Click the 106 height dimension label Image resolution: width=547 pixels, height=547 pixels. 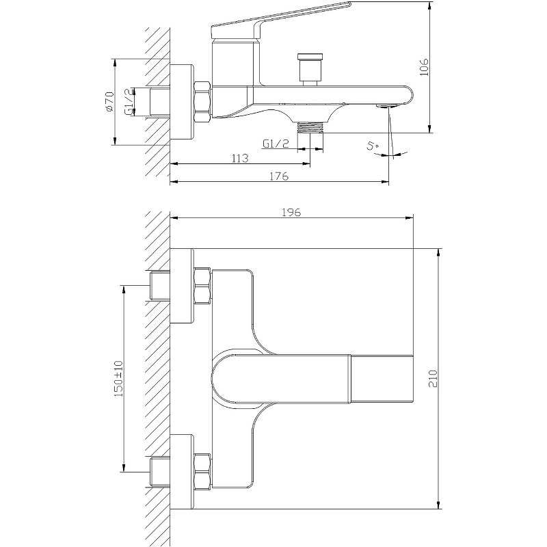[424, 67]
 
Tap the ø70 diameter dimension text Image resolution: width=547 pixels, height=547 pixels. [109, 102]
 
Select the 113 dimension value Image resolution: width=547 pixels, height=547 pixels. [241, 158]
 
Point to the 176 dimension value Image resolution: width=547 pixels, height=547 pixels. [280, 176]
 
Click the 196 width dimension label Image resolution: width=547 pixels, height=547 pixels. [291, 212]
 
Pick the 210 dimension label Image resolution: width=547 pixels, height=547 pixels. [433, 379]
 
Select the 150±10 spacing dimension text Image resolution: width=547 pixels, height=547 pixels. [118, 379]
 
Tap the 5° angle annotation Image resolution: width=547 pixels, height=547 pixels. [373, 146]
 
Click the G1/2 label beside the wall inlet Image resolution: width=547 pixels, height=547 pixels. [129, 102]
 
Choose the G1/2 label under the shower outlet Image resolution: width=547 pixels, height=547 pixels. [276, 144]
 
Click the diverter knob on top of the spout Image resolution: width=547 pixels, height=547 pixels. [310, 69]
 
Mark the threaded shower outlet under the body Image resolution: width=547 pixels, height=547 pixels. [310, 127]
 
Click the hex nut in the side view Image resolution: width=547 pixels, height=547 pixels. [202, 102]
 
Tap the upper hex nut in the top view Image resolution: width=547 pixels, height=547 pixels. [202, 285]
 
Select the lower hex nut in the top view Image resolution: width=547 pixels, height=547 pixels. [202, 471]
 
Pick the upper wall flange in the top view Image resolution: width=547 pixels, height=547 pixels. [182, 286]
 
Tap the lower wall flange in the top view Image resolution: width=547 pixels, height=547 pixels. [182, 472]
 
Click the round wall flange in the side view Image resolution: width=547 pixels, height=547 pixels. [182, 102]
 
